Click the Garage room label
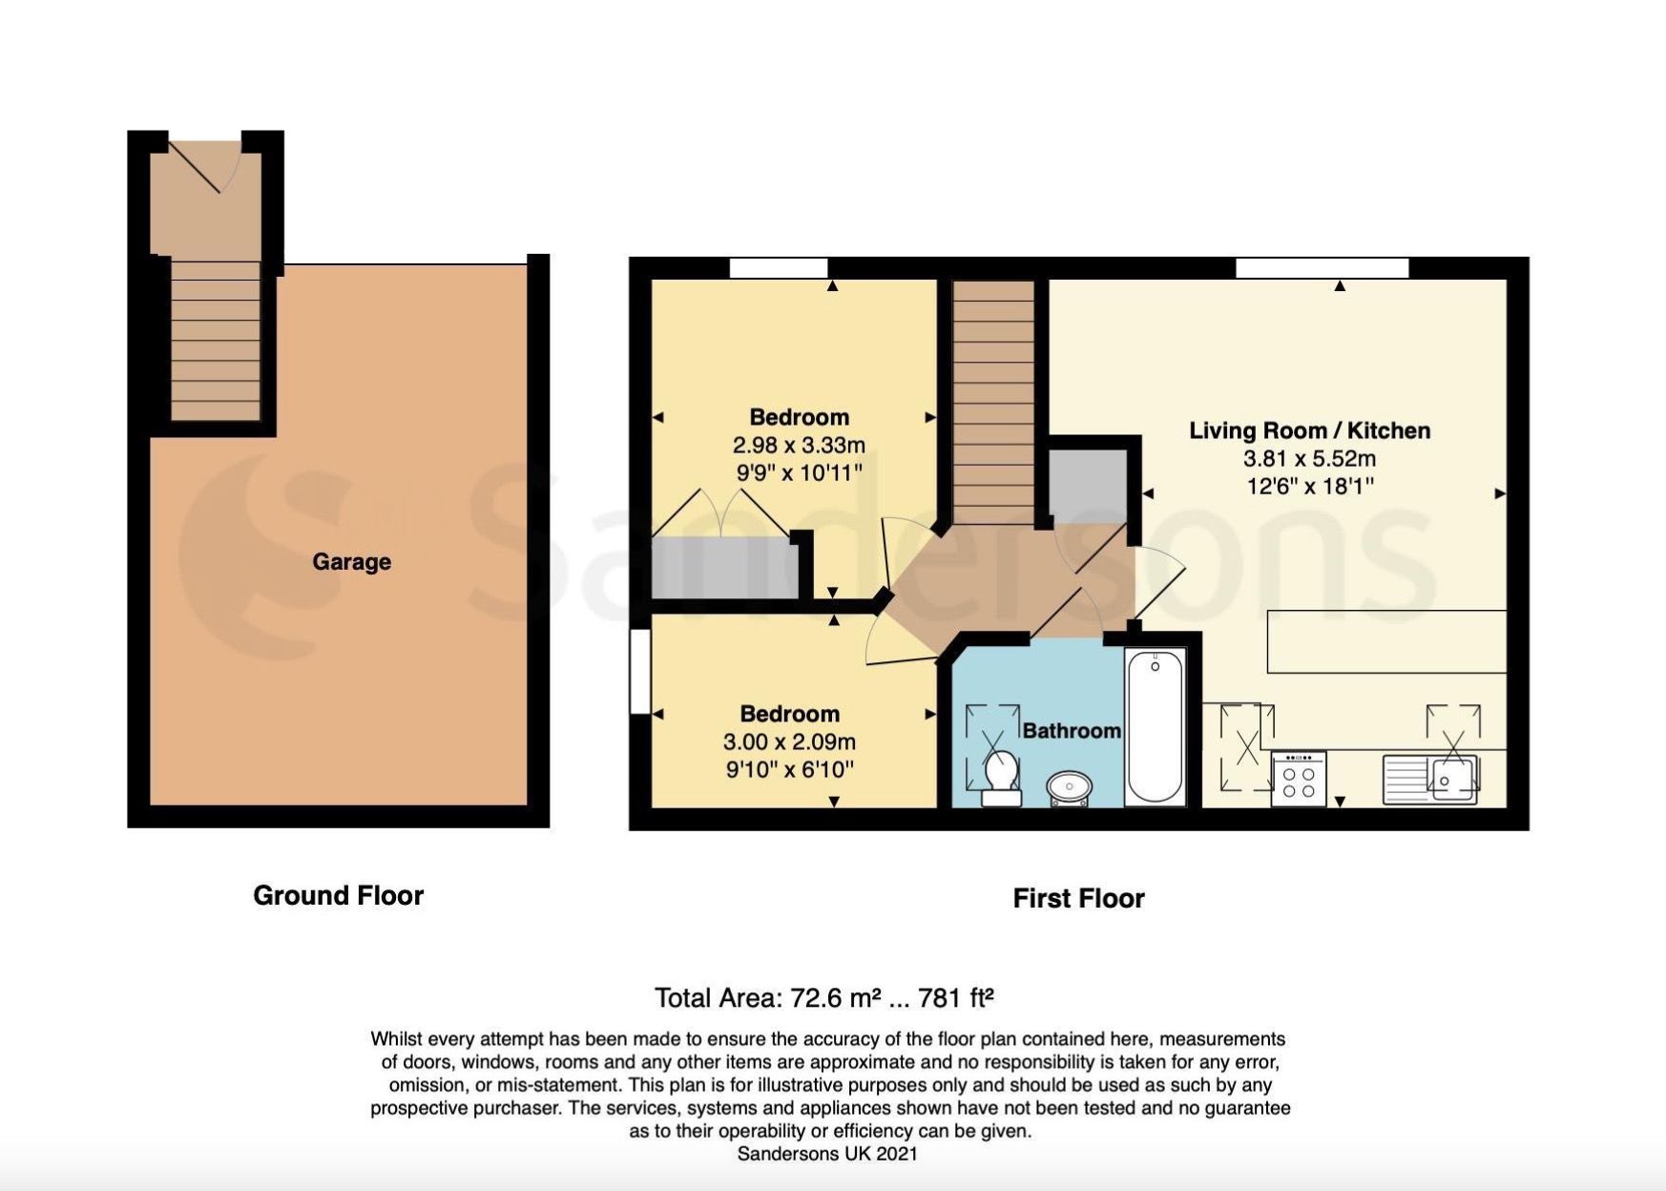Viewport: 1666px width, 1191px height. pyautogui.click(x=351, y=561)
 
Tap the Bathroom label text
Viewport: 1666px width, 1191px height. pyautogui.click(x=1071, y=731)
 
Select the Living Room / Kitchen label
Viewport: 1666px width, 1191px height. pyautogui.click(x=1309, y=430)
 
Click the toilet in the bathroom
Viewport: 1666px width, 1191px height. pyautogui.click(x=1001, y=776)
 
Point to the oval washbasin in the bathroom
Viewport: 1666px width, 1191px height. pyautogui.click(x=1070, y=787)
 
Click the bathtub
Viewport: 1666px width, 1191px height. pyautogui.click(x=1155, y=725)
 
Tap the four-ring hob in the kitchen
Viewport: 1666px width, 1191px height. pyautogui.click(x=1299, y=779)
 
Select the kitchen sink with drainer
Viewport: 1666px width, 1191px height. pyautogui.click(x=1430, y=778)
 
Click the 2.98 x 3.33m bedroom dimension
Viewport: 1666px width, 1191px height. pyautogui.click(x=799, y=445)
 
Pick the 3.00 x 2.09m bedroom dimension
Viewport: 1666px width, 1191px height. pyautogui.click(x=789, y=742)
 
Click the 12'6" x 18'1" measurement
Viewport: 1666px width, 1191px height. pyautogui.click(x=1309, y=486)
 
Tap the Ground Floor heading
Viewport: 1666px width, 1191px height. pyautogui.click(x=338, y=895)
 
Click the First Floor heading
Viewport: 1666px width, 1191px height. pyautogui.click(x=1078, y=898)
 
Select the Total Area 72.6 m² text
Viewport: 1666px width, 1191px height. pyautogui.click(x=824, y=998)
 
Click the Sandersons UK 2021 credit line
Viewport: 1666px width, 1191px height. pyautogui.click(x=827, y=1154)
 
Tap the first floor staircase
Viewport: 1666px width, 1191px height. pyautogui.click(x=993, y=401)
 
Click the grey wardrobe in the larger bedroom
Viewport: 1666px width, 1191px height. pyautogui.click(x=723, y=568)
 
